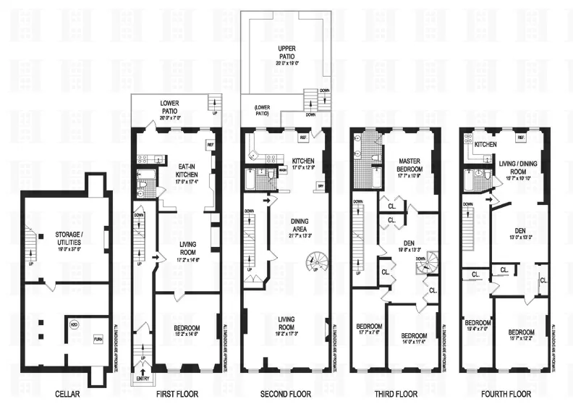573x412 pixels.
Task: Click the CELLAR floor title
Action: (67, 395)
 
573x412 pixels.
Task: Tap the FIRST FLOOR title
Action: (177, 395)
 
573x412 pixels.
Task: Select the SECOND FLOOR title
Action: (285, 395)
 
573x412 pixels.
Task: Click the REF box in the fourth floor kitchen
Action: (521, 138)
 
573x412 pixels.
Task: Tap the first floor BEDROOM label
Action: (186, 330)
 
